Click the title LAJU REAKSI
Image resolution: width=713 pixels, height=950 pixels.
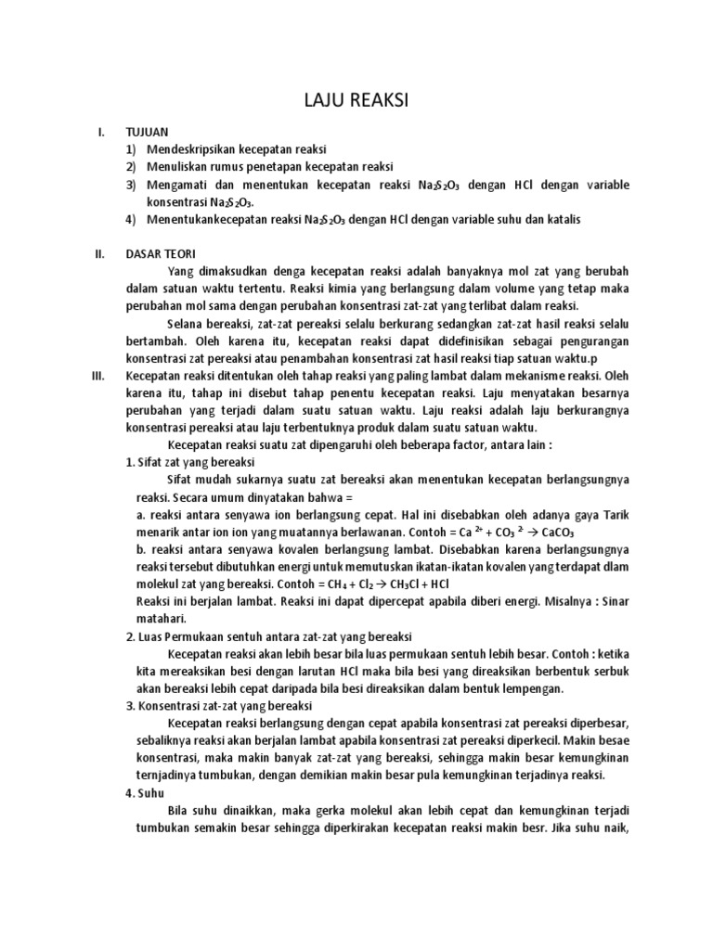tap(356, 101)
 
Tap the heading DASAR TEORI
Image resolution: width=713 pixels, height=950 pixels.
tap(161, 254)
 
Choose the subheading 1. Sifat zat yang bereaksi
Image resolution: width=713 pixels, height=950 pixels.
tap(190, 462)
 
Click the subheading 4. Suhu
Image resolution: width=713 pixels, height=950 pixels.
tap(144, 793)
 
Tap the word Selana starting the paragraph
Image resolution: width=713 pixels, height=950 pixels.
tap(187, 324)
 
